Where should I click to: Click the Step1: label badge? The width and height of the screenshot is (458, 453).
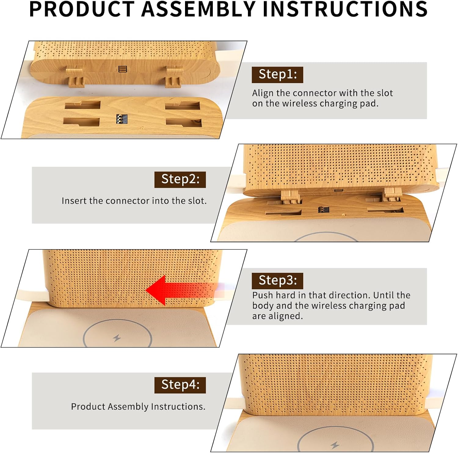coord(277,75)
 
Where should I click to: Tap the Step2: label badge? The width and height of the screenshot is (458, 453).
coord(180,180)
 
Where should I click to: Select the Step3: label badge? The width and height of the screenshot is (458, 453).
coord(277,281)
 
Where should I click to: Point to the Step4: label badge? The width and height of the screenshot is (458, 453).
coord(180,385)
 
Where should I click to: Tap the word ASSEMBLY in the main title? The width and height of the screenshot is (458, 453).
coord(198,9)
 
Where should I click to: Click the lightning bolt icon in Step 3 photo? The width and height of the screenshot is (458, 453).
coord(117,338)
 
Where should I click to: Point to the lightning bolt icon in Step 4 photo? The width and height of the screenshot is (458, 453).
coord(335,445)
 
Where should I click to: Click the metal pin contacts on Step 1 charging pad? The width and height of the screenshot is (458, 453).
coord(122,119)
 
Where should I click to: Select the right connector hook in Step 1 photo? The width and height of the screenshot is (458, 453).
coord(174,77)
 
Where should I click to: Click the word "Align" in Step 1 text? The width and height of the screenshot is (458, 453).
coord(263,93)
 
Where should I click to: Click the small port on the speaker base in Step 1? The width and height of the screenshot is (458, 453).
coord(122,69)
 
